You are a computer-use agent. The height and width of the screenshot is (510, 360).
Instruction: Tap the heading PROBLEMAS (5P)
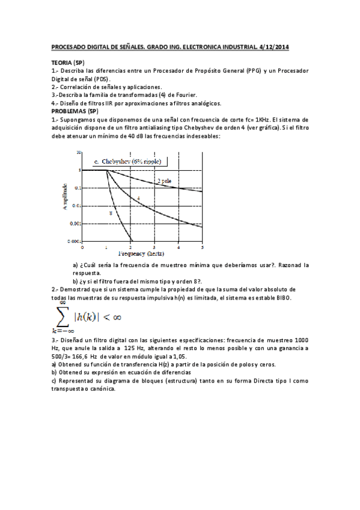point(75,111)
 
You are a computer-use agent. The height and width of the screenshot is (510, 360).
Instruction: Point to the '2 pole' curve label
point(163,180)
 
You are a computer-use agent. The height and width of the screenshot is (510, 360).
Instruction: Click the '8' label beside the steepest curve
point(110,214)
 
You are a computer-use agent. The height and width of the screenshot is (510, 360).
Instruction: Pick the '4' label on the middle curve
point(138,198)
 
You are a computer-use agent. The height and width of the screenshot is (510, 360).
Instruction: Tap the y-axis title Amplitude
point(64,196)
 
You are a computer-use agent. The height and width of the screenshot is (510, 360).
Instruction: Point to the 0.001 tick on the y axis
point(76,223)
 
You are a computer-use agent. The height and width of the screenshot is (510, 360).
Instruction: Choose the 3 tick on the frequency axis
point(154,247)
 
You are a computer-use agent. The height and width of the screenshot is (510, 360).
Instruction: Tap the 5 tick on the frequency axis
point(202,247)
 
